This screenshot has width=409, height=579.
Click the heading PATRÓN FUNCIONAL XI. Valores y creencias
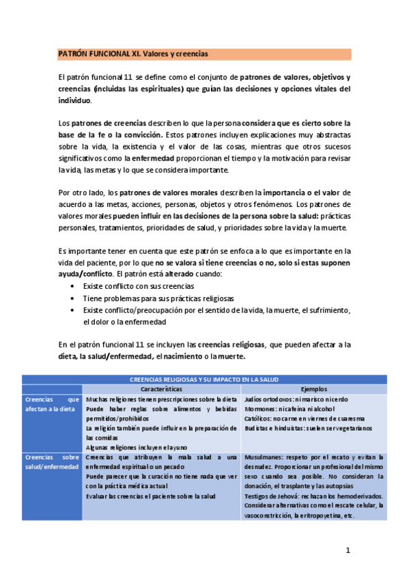click(x=133, y=53)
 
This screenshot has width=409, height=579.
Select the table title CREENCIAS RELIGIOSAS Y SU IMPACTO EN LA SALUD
click(x=204, y=379)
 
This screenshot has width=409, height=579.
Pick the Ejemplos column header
click(x=313, y=389)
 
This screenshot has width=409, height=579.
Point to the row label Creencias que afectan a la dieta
click(x=52, y=404)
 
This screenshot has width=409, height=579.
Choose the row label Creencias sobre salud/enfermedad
click(x=52, y=462)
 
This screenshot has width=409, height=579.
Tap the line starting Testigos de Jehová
click(x=313, y=496)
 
